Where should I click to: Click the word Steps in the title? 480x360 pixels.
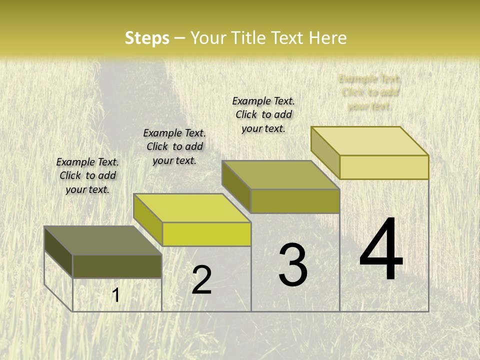(147, 38)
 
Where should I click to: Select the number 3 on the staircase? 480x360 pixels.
(293, 265)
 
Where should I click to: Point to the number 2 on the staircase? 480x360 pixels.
(201, 280)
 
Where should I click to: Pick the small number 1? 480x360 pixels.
(115, 295)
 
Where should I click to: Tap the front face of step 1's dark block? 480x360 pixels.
(117, 266)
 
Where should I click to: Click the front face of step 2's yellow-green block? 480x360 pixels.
(206, 234)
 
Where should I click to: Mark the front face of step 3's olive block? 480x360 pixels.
(295, 201)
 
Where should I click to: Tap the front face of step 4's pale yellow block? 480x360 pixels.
(384, 167)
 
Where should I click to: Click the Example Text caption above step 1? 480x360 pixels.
(87, 175)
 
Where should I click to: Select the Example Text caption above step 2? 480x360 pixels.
(174, 146)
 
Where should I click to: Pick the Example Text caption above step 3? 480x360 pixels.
(263, 114)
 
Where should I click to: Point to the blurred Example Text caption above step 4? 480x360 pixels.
(370, 92)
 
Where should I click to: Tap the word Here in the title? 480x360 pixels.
(328, 38)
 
